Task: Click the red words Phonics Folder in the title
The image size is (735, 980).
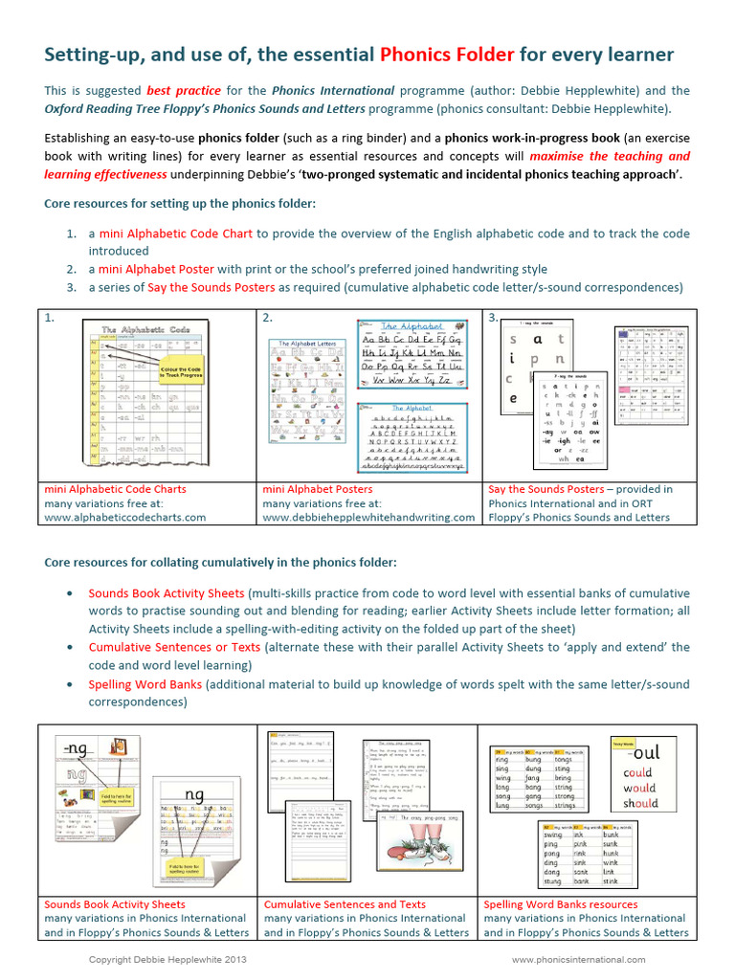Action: click(444, 55)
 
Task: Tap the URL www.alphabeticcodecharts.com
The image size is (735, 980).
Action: click(125, 517)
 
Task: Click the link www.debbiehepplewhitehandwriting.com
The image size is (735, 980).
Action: click(368, 517)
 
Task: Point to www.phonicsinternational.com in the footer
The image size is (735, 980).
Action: click(578, 959)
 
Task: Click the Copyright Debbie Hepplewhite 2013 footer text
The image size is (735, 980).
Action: click(160, 959)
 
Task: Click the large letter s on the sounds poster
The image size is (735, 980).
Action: click(514, 339)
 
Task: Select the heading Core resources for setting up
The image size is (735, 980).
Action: click(180, 204)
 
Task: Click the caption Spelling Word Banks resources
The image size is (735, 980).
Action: click(560, 903)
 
